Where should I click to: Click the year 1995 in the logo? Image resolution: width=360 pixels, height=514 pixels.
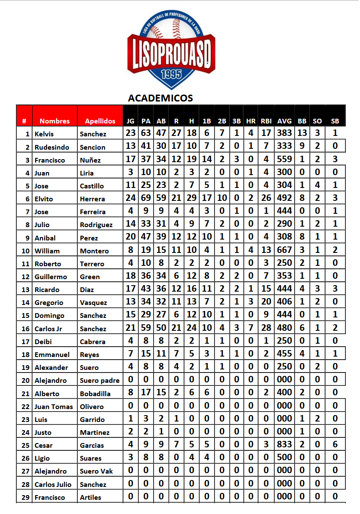pos(171,74)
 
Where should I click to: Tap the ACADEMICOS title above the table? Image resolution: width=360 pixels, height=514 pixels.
pos(160,98)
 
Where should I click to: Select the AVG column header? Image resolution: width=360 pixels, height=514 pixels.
pos(284,121)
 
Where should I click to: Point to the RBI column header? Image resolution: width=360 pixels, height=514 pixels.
pos(266,121)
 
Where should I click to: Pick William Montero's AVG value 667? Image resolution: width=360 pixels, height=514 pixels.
pos(284,250)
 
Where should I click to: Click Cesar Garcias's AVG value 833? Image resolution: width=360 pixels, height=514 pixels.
pos(284,444)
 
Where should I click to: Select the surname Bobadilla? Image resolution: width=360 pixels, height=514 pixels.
pos(95,394)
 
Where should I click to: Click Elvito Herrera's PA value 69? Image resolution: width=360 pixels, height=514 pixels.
pos(146,198)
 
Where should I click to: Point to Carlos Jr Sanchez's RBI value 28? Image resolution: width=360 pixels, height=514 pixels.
pos(266,328)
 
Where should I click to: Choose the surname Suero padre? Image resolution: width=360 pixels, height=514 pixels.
pos(100,380)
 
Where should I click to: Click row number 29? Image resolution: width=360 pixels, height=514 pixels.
pos(25,497)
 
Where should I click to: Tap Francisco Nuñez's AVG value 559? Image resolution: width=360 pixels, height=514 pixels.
pos(284,159)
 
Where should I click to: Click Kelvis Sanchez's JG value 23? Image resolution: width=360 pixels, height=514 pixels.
pos(131,133)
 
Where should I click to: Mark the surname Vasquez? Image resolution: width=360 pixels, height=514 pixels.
pos(93,303)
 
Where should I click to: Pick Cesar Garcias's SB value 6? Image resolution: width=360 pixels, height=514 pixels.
pos(335,444)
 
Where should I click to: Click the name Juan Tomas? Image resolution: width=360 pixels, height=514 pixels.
pos(53,406)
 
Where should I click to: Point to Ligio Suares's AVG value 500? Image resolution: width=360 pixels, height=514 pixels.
pos(284,457)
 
